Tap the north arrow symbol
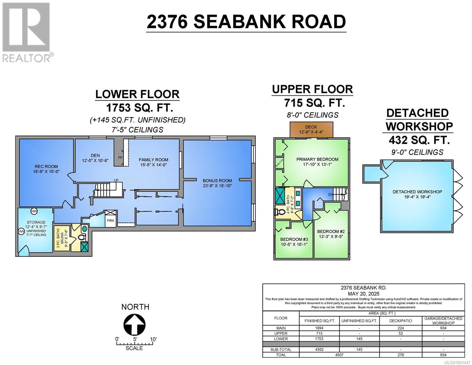[x=134, y=325]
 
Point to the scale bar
[x=134, y=343]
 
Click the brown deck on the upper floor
[x=311, y=130]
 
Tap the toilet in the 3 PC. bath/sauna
[x=81, y=237]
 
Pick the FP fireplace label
[x=120, y=158]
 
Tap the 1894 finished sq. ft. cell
[x=319, y=328]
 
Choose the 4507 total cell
[x=339, y=355]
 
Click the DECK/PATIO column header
[x=401, y=321]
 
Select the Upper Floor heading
[x=312, y=89]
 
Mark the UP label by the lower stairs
[x=116, y=180]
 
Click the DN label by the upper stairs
[x=330, y=195]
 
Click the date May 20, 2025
[x=363, y=294]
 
